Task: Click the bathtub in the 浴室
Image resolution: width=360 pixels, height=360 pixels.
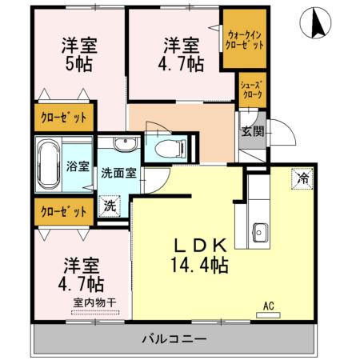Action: (x=50, y=164)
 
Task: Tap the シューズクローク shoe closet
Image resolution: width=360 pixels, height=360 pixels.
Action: (x=252, y=87)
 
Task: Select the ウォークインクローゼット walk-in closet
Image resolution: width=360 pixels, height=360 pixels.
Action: (x=246, y=41)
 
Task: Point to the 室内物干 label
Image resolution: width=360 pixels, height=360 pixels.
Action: (x=94, y=302)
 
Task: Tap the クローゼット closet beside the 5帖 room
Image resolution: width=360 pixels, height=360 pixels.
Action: (x=63, y=117)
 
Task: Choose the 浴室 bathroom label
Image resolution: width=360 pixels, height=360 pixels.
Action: (x=78, y=166)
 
